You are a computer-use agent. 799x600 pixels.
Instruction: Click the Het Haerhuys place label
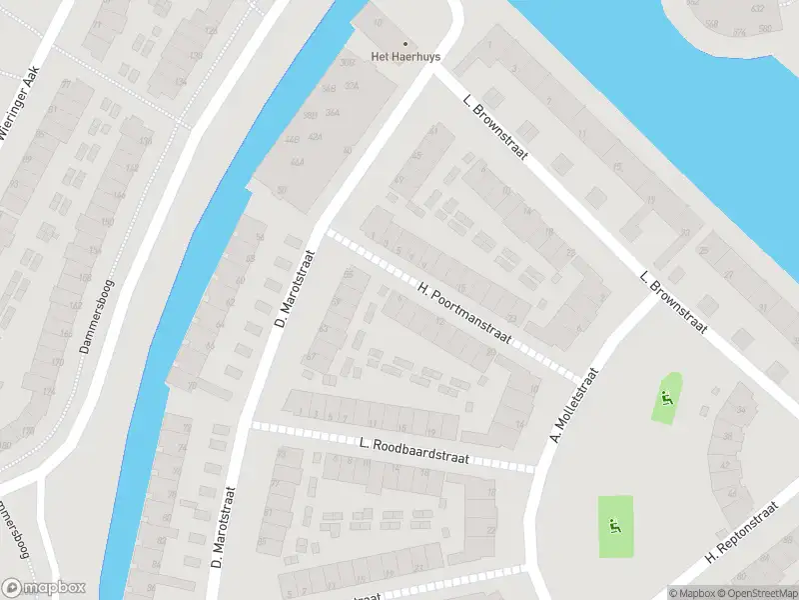pyautogui.click(x=404, y=57)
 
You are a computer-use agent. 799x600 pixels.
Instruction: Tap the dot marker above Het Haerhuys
pyautogui.click(x=404, y=43)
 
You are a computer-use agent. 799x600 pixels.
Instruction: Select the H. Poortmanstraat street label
pyautogui.click(x=465, y=313)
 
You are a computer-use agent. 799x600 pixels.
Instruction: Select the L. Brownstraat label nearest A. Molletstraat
pyautogui.click(x=674, y=302)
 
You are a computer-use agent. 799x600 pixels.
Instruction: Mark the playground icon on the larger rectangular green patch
pyautogui.click(x=616, y=526)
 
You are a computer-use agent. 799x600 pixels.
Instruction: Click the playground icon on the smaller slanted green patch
pyautogui.click(x=666, y=398)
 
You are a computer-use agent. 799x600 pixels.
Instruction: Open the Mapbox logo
pyautogui.click(x=44, y=588)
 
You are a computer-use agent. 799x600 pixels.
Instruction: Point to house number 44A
pyautogui.click(x=297, y=160)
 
